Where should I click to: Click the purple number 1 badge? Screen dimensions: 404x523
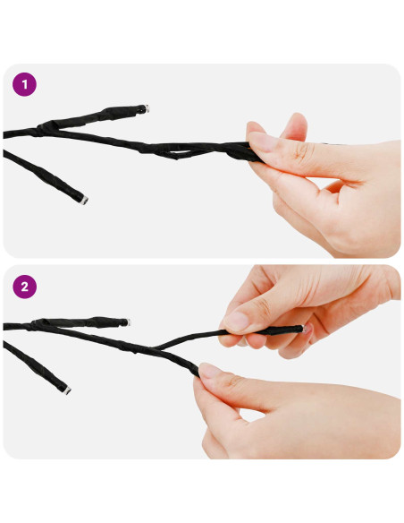point(24,84)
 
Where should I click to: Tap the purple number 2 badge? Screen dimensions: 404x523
point(24,287)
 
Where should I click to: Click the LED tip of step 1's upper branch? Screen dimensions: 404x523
point(146,108)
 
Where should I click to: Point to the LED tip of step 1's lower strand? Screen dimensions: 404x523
point(84,200)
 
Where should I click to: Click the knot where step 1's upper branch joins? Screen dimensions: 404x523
point(45,128)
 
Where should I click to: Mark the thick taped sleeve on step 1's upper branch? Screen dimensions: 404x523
point(120,113)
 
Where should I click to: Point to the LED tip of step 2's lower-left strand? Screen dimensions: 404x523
point(67,390)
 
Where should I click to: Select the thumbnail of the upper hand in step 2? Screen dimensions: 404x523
point(237,322)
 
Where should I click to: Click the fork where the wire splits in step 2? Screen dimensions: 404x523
point(156,348)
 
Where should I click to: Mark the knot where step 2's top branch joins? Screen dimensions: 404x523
point(38,324)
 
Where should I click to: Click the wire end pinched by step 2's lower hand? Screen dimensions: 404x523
point(197,373)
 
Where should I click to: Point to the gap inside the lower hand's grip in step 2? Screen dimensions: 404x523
point(252,416)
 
